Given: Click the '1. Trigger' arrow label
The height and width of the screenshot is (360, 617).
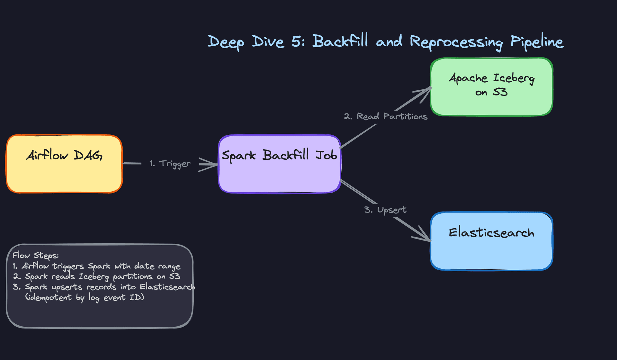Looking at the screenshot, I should coord(170,164).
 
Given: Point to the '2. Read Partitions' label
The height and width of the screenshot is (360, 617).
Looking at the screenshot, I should coord(386,116).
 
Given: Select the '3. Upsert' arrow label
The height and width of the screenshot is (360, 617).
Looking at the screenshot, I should coord(385,210).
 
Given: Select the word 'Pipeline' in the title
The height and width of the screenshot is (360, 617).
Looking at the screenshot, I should coord(537,42).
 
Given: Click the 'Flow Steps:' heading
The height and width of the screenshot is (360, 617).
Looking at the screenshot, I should coord(36,256).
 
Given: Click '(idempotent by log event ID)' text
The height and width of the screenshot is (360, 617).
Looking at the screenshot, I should coord(85,297).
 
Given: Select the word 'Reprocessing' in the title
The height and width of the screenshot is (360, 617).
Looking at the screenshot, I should coord(456,42).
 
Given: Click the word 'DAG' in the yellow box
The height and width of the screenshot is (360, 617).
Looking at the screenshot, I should coord(88,156).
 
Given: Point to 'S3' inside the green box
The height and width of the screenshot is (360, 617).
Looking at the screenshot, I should coord(500,92).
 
